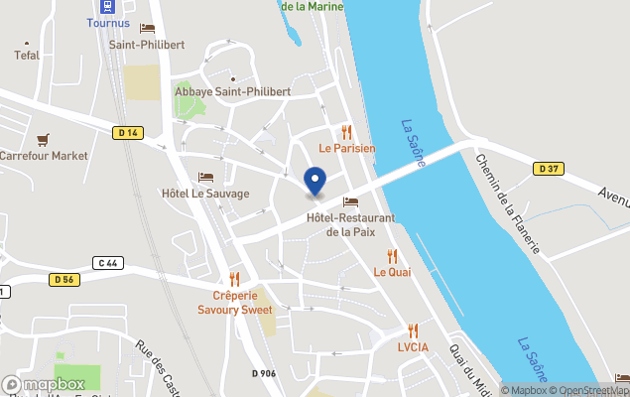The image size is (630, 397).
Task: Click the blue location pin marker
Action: click(315, 182)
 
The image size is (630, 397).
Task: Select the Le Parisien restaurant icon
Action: click(346, 132)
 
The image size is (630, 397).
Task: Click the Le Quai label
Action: click(392, 271)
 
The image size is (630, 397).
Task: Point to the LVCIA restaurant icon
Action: click(413, 331)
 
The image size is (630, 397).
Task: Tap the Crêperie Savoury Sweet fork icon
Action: click(235, 279)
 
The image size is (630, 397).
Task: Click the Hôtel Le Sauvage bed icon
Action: click(205, 177)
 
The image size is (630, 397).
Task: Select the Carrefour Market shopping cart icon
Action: click(43, 140)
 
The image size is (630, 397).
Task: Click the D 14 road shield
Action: click(127, 133)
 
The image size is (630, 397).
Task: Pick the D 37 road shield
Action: click(549, 169)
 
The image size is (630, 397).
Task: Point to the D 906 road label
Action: click(263, 373)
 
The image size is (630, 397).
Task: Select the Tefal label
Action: click(27, 56)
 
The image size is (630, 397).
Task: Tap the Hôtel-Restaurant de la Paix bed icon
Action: click(350, 201)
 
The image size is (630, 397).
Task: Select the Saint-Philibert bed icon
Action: click(148, 29)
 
